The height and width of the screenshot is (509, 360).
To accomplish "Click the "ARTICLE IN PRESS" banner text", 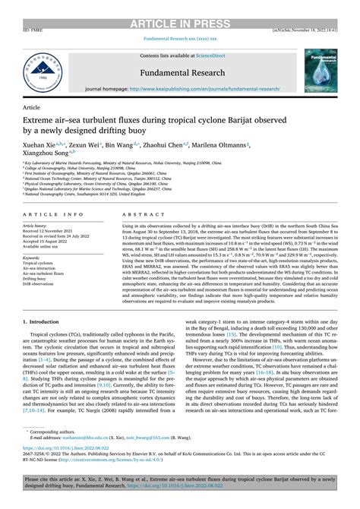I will tap(180, 7).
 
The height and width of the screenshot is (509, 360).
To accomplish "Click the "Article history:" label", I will tap(39, 226).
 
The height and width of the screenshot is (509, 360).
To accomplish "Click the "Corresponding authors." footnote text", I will tap(56, 431).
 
